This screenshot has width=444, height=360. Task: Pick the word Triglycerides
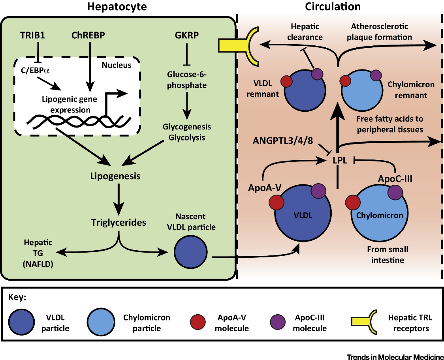117,222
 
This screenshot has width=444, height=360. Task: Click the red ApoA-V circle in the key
198,322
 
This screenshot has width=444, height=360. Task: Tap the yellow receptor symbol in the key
363,322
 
